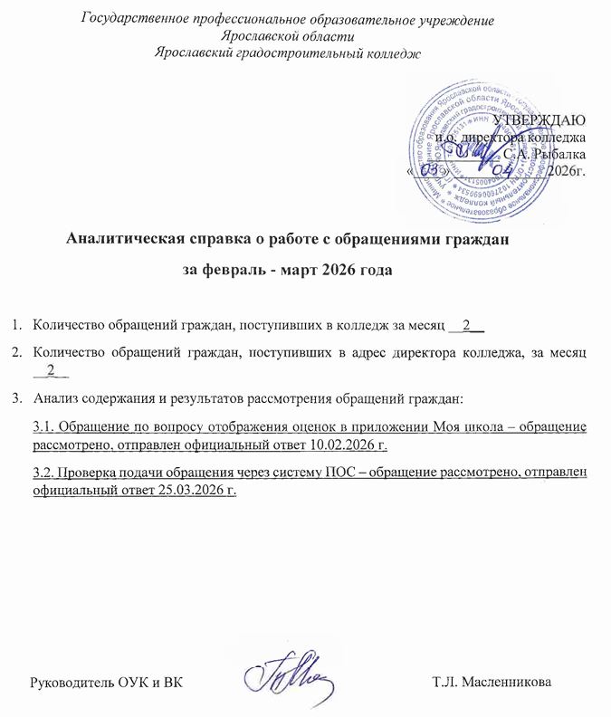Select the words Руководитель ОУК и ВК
point(107,681)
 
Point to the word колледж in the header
point(394,52)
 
